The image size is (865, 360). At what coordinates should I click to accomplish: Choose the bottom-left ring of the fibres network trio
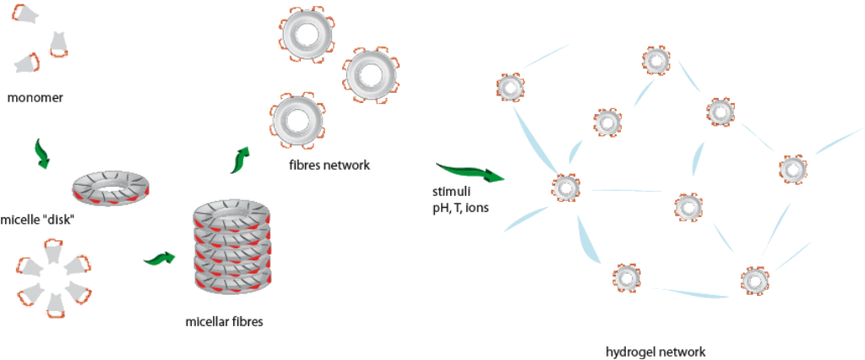point(296,118)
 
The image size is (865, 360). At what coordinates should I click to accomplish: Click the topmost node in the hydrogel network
point(656,59)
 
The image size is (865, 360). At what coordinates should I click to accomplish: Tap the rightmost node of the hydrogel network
point(792,169)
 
